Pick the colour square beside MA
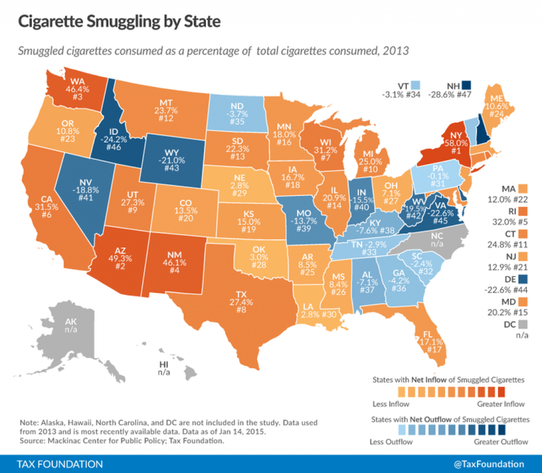[524, 189]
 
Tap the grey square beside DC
[524, 323]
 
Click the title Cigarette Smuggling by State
[119, 22]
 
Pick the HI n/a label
[164, 368]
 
